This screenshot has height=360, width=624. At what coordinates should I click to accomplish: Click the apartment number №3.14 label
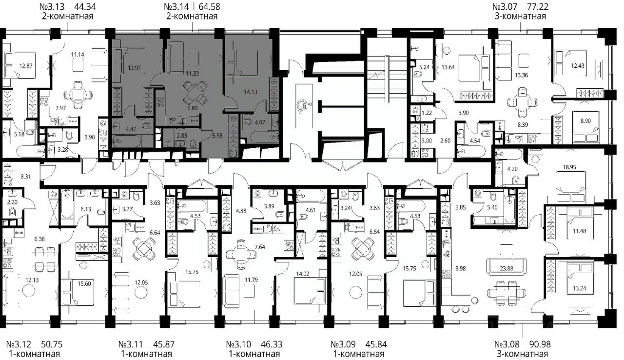pyautogui.click(x=176, y=6)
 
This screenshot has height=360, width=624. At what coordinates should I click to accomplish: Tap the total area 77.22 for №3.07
pyautogui.click(x=537, y=6)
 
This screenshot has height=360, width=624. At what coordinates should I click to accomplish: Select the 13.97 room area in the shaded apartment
pyautogui.click(x=134, y=67)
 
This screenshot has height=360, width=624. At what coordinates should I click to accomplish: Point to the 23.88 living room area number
pyautogui.click(x=506, y=268)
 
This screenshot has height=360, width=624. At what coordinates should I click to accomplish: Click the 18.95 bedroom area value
pyautogui.click(x=569, y=167)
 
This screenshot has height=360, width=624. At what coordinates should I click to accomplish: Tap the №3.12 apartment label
pyautogui.click(x=18, y=344)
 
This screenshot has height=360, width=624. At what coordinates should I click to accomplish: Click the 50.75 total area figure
pyautogui.click(x=52, y=344)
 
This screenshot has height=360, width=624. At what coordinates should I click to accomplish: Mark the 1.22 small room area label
pyautogui.click(x=427, y=113)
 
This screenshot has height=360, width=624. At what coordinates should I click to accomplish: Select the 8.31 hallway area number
pyautogui.click(x=26, y=177)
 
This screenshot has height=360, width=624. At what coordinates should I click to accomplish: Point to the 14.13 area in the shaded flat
pyautogui.click(x=251, y=92)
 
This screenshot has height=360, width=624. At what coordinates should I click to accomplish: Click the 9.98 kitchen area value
pyautogui.click(x=461, y=268)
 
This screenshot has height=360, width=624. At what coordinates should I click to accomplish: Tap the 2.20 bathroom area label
pyautogui.click(x=12, y=202)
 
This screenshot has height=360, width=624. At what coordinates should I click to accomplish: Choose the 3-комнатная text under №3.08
pyautogui.click(x=522, y=354)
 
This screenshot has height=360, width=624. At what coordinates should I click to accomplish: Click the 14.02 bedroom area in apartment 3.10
pyautogui.click(x=303, y=274)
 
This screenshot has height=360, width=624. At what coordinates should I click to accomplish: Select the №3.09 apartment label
pyautogui.click(x=343, y=344)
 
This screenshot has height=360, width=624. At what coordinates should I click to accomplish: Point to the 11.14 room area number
pyautogui.click(x=78, y=54)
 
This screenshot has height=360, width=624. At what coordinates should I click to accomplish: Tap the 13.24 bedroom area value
pyautogui.click(x=580, y=288)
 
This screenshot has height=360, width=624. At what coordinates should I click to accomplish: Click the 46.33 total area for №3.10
pyautogui.click(x=272, y=344)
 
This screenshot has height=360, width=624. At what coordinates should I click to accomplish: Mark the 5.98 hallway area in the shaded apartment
pyautogui.click(x=217, y=136)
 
